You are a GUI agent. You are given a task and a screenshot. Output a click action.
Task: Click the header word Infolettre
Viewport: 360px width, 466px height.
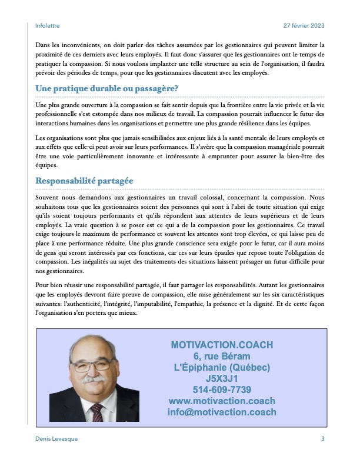point(48,26)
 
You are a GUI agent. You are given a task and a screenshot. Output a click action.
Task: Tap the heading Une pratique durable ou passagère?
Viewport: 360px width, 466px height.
point(107,89)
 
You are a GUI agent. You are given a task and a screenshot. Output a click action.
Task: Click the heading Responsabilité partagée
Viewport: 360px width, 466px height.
point(85,181)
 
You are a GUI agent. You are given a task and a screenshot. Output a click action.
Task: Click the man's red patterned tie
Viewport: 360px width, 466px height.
point(96,412)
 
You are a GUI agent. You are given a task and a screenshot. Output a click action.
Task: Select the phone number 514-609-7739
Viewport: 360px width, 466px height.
point(222,390)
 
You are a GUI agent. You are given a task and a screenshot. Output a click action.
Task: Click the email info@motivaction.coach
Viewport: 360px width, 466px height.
point(222,412)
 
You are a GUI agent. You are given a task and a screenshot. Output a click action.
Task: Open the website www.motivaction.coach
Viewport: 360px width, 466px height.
point(222,401)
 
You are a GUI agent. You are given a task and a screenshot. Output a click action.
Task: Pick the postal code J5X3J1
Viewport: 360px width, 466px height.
point(222,378)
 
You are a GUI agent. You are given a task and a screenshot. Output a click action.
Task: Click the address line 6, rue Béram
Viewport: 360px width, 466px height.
point(222,356)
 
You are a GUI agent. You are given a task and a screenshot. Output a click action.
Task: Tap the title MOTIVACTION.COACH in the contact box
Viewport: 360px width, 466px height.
point(222,345)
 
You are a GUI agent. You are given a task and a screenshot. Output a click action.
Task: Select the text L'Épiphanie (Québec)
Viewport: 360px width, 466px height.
point(222,367)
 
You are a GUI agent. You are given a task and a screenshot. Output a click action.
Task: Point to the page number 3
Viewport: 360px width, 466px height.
point(322,439)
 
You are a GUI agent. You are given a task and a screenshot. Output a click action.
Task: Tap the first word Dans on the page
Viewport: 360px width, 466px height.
point(43,45)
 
